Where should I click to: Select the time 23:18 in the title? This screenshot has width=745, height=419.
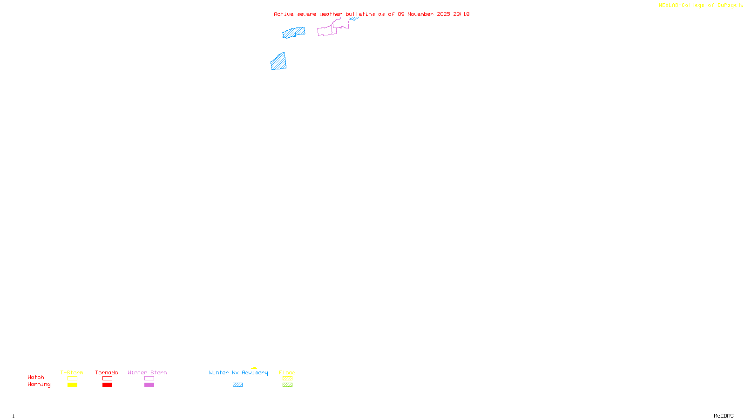pyautogui.click(x=461, y=14)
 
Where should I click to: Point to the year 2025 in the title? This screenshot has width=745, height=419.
pyautogui.click(x=443, y=14)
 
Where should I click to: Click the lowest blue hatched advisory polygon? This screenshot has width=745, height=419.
pyautogui.click(x=278, y=62)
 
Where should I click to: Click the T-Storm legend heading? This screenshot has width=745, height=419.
pyautogui.click(x=72, y=372)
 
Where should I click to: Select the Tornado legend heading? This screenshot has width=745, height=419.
pyautogui.click(x=107, y=372)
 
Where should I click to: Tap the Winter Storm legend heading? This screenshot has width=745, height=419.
pyautogui.click(x=147, y=372)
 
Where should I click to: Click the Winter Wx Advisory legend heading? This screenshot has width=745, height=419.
pyautogui.click(x=238, y=372)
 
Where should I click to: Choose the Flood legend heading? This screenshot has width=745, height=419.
pyautogui.click(x=287, y=372)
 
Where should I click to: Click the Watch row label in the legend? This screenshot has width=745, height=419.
pyautogui.click(x=36, y=377)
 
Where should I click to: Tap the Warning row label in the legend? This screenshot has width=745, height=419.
pyautogui.click(x=39, y=385)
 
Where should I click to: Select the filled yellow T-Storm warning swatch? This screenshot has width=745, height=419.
pyautogui.click(x=72, y=385)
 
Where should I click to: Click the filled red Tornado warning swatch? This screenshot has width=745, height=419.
pyautogui.click(x=107, y=385)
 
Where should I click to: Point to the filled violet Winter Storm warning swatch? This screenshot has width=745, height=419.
pyautogui.click(x=149, y=385)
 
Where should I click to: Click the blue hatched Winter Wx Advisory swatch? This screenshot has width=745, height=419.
pyautogui.click(x=237, y=385)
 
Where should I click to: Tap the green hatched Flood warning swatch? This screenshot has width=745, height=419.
pyautogui.click(x=287, y=385)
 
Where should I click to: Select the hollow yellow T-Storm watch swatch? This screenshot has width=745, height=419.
pyautogui.click(x=72, y=378)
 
